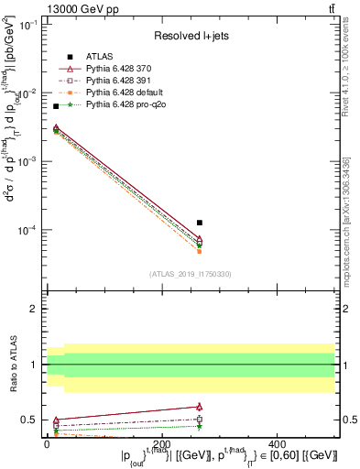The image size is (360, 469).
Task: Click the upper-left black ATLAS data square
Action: tap(56, 107)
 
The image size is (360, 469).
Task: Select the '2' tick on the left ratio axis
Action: tap(35, 310)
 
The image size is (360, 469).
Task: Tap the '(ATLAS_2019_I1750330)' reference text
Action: tap(190, 274)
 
